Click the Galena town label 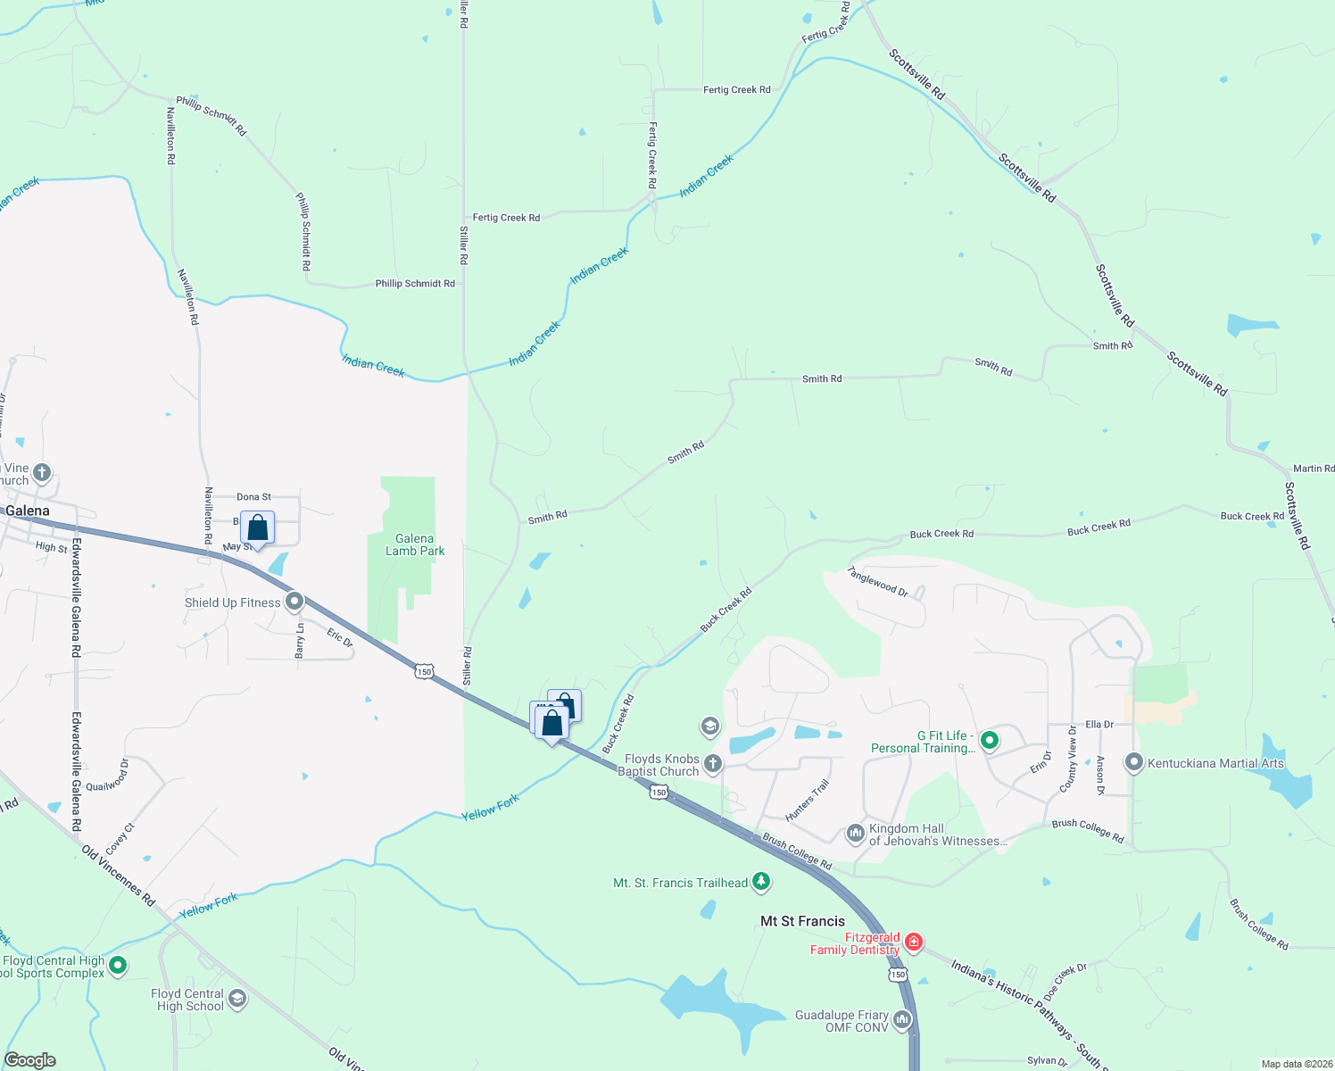[x=28, y=511]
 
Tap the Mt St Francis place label [x=802, y=921]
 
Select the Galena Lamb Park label [x=415, y=544]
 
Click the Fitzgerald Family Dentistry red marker [x=913, y=942]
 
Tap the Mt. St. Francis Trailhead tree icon [x=760, y=882]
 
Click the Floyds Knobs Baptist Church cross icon [x=712, y=763]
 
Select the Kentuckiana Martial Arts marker [x=1134, y=762]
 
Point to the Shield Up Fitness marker [x=294, y=602]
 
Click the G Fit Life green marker [x=989, y=740]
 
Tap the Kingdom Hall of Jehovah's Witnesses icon [x=855, y=834]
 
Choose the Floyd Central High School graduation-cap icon [x=237, y=998]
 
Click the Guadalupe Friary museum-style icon [x=902, y=1019]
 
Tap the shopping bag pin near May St [x=257, y=528]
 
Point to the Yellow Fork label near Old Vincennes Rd [x=209, y=906]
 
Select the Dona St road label [x=253, y=497]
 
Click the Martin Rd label [x=1314, y=469]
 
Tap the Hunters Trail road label [x=808, y=800]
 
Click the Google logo [x=30, y=1060]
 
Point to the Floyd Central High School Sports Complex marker [x=117, y=965]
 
